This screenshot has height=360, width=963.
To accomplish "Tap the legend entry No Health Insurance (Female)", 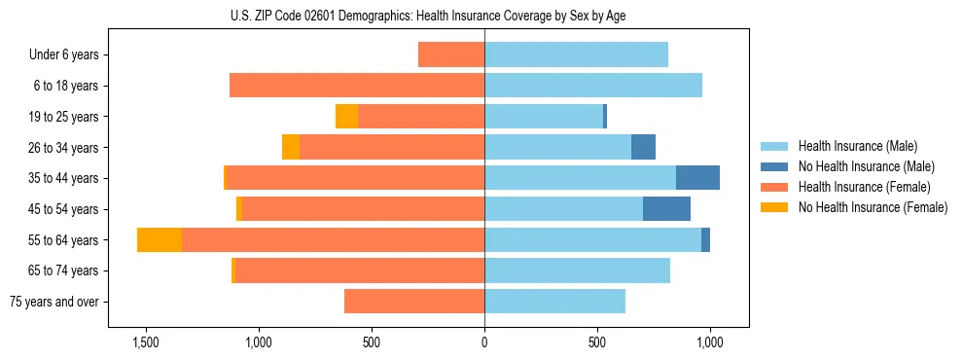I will tap(873, 207).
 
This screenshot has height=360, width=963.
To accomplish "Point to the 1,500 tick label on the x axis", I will tap(145, 343).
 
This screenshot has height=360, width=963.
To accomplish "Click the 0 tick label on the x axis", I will tap(484, 343).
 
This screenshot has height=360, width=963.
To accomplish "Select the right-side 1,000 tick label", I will tap(710, 343).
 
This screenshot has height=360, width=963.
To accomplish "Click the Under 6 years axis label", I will tap(64, 55).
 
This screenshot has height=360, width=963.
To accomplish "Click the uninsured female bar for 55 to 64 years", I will tap(160, 239).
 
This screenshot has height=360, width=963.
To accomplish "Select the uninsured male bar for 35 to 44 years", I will tap(697, 178).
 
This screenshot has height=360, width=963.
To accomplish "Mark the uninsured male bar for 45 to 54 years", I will tap(666, 209).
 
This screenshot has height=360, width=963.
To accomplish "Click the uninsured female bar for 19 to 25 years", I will tap(346, 117).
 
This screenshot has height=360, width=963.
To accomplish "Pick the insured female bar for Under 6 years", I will tap(451, 55).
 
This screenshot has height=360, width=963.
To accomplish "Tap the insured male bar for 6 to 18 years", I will tap(593, 86).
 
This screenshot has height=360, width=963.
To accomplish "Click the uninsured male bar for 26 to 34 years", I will tap(643, 147).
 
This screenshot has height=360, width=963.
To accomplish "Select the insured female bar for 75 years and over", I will tap(414, 302).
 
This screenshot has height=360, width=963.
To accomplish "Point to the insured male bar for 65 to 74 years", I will tap(577, 270).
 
